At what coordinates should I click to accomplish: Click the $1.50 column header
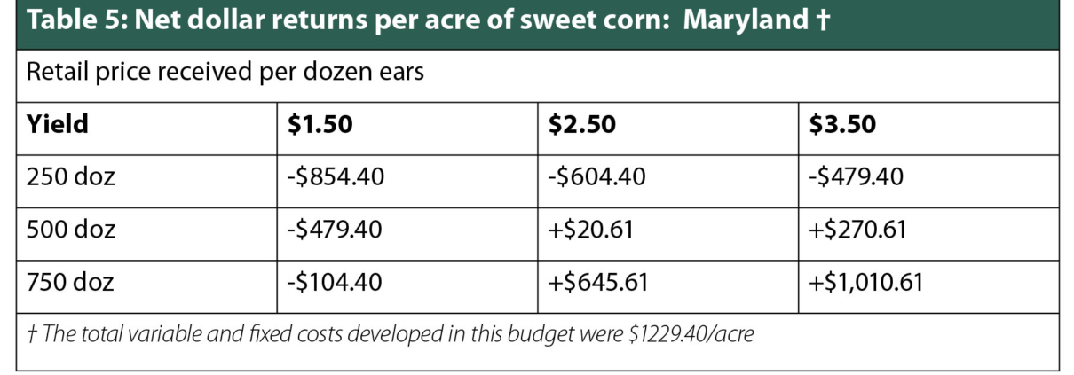[320, 125]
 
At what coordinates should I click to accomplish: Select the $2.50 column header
[581, 125]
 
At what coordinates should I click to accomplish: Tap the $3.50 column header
[842, 125]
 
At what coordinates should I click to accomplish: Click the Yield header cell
[58, 125]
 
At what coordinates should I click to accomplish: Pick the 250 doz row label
[70, 177]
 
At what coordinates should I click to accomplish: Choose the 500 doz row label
[70, 230]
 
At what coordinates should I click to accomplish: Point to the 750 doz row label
[70, 283]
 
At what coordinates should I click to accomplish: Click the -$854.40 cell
[336, 177]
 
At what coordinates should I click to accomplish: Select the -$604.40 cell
[596, 177]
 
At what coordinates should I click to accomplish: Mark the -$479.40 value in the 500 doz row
[336, 230]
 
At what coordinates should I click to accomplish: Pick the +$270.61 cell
[857, 230]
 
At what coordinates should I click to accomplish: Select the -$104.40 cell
[336, 283]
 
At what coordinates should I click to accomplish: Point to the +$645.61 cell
[597, 283]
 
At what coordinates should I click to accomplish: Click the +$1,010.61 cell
[866, 283]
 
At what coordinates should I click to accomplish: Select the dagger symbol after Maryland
[821, 20]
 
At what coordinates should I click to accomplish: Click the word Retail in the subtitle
[54, 72]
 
